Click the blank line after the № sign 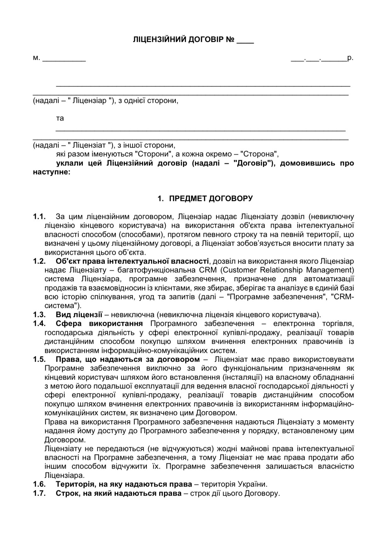[x=245, y=42]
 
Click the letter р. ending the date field [x=350, y=58]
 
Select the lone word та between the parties [x=60, y=118]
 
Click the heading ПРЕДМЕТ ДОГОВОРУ [x=211, y=198]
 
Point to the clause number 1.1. [x=39, y=217]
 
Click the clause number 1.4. [x=39, y=324]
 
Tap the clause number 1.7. [x=39, y=493]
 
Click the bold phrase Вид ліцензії [x=79, y=315]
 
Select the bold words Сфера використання [x=99, y=324]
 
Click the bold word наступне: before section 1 [x=52, y=172]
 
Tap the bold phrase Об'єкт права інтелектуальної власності [x=132, y=261]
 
